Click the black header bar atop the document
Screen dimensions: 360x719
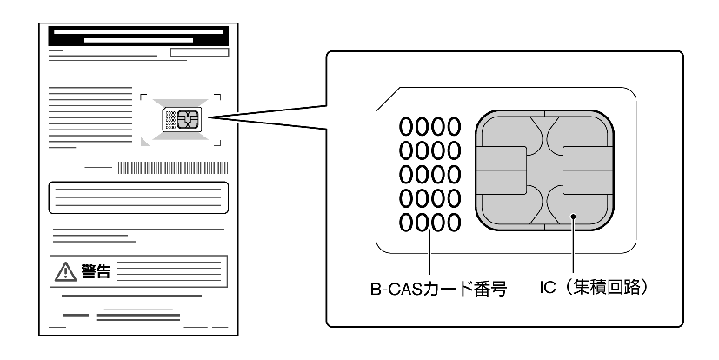coord(139,37)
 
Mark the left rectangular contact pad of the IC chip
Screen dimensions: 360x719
coord(501,170)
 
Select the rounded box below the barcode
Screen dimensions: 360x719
coord(139,198)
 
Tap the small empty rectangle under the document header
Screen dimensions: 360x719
coord(199,53)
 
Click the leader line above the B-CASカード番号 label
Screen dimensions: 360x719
coord(429,257)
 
